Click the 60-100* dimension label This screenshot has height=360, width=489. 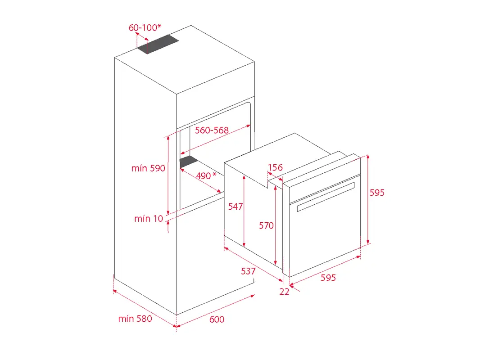click(145, 27)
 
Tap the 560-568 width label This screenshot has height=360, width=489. click(212, 130)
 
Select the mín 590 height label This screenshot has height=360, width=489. click(148, 168)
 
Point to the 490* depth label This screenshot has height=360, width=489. click(206, 176)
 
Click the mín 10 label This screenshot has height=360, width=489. click(149, 219)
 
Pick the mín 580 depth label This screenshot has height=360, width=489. click(135, 319)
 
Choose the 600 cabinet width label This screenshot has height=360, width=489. click(217, 319)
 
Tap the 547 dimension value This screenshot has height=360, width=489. click(235, 207)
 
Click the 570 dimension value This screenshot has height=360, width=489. click(266, 225)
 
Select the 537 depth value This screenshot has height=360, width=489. click(248, 271)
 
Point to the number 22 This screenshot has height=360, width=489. click(284, 292)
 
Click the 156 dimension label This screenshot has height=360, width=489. click(276, 167)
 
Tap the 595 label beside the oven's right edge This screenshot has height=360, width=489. click(377, 193)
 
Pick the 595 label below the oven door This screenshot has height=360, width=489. click(328, 277)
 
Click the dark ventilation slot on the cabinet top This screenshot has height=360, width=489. click(158, 44)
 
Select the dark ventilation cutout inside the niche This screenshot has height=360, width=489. click(189, 162)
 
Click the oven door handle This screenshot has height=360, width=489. click(326, 197)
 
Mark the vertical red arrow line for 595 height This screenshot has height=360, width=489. click(368, 199)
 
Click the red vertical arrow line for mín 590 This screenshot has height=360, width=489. click(168, 175)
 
